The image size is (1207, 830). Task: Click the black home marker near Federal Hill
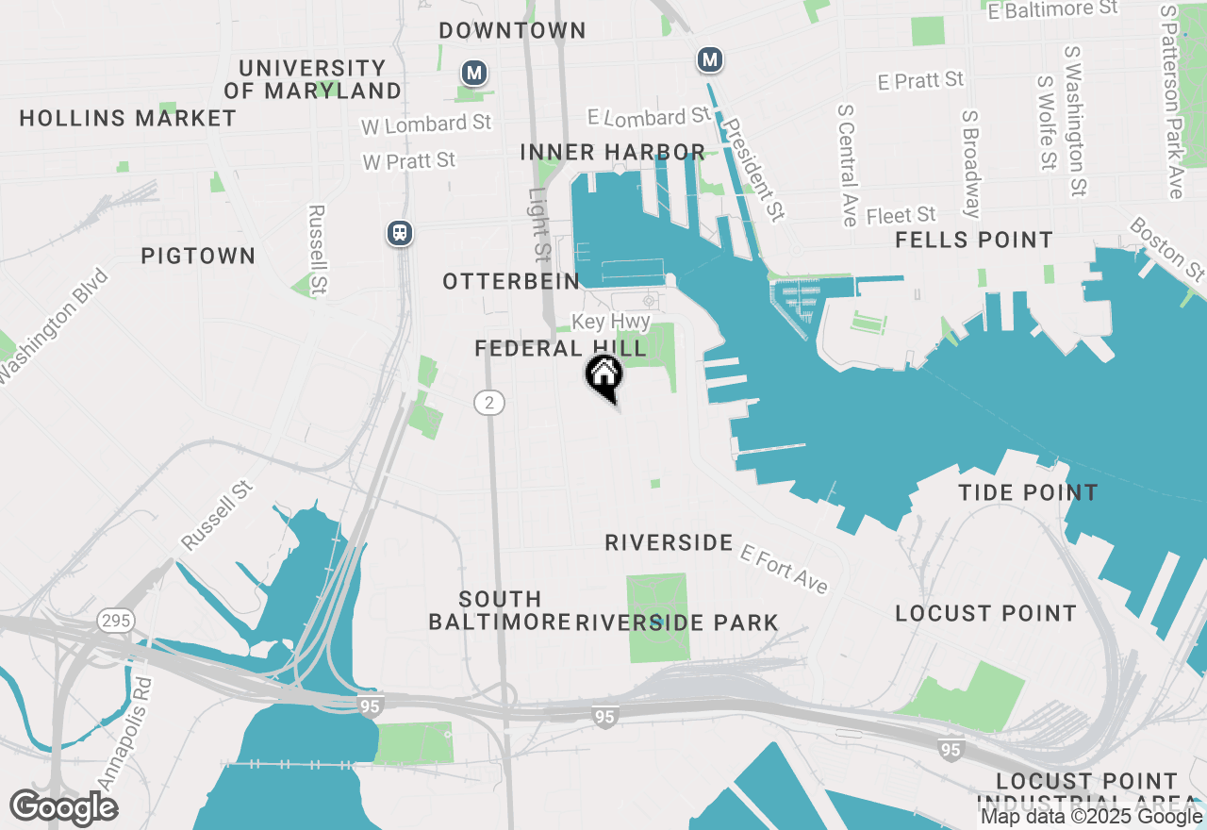tap(604, 375)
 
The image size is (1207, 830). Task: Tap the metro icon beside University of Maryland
tap(473, 73)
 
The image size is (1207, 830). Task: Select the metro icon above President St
tap(710, 60)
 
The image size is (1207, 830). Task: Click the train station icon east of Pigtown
tap(400, 232)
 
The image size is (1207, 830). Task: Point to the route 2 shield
tap(488, 403)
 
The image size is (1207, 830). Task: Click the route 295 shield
tap(114, 621)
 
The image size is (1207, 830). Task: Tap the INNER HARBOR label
tap(612, 152)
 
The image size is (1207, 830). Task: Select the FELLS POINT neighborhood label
tap(974, 240)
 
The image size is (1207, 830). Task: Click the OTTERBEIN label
tap(511, 281)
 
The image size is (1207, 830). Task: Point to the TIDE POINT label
tap(1028, 492)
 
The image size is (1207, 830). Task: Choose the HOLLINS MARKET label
tap(128, 118)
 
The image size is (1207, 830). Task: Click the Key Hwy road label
tap(611, 322)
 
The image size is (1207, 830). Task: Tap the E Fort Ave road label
tap(784, 569)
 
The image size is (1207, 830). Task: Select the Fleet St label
tap(901, 216)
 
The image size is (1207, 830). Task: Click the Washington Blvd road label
tap(55, 326)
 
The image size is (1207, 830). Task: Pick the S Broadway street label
tap(971, 163)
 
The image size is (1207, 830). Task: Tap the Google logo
tap(64, 807)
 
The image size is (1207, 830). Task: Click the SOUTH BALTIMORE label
tap(500, 610)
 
